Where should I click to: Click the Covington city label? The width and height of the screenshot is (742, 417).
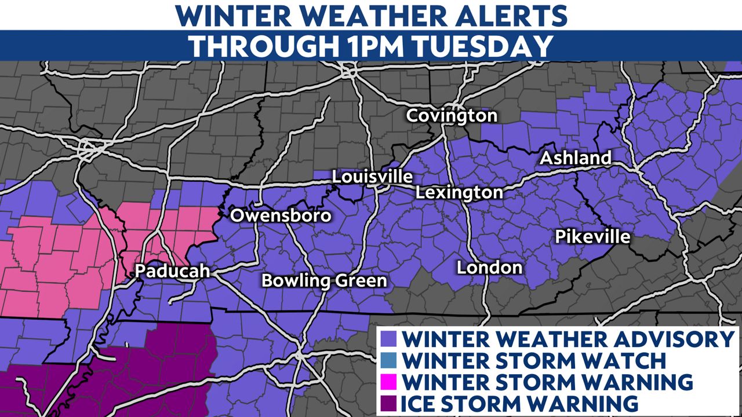coord(452,115)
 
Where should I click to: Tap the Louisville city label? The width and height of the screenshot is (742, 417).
coord(372,177)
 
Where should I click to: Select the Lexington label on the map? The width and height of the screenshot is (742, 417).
coord(459,192)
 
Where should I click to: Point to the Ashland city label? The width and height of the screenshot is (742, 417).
coord(576,158)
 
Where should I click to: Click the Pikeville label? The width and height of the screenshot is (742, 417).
coord(592,237)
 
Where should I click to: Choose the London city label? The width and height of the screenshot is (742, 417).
coord(489,268)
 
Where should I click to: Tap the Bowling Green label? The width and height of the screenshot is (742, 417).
coord(324,281)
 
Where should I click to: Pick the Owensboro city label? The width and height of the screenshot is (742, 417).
coord(281,216)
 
